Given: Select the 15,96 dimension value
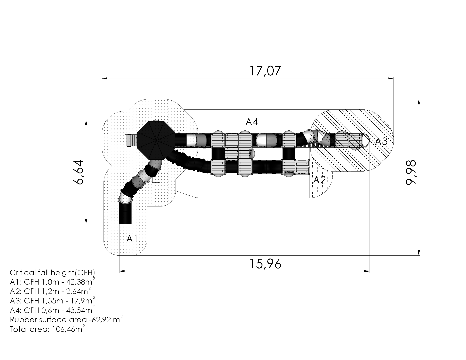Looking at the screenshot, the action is (265, 264).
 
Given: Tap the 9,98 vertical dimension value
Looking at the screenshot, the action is (411, 172).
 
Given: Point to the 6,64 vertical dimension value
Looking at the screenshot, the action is (78, 172).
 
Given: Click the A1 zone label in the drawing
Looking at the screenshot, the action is (132, 238).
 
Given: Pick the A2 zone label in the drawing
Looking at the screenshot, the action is (320, 180).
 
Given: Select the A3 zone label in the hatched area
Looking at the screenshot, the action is (382, 142).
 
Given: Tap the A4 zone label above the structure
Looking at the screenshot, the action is (252, 122).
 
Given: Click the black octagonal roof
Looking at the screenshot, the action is (156, 140).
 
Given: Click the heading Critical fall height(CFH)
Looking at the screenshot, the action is (52, 273).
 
